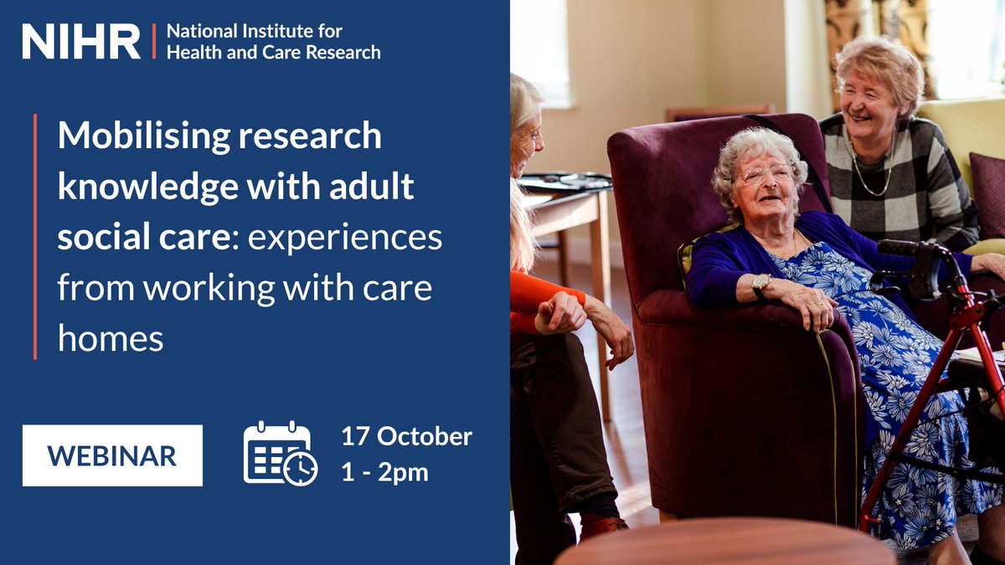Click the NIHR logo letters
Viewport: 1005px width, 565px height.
(x=81, y=41)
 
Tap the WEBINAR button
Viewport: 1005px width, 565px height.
(x=112, y=455)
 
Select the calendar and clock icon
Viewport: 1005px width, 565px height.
(x=280, y=454)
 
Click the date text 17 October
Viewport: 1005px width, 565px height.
(x=406, y=437)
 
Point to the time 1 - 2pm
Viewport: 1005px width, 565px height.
(x=384, y=473)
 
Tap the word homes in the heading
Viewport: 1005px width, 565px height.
(x=110, y=339)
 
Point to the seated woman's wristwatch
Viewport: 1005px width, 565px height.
(x=760, y=285)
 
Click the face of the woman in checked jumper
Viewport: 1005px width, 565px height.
(x=868, y=105)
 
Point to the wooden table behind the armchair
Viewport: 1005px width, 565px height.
(x=569, y=209)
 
